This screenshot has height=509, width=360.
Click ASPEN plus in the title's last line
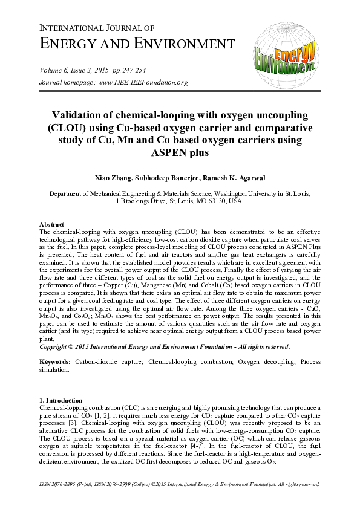(x=180, y=153)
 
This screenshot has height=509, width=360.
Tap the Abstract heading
(x=52, y=224)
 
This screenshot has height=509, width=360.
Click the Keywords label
(x=56, y=363)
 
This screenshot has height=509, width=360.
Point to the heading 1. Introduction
(x=62, y=400)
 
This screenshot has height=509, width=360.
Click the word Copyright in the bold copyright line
(x=56, y=347)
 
